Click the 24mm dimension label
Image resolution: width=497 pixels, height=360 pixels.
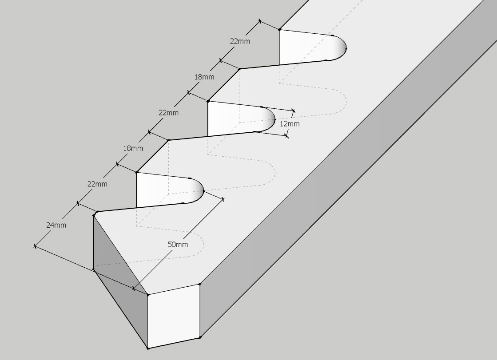tap(56, 225)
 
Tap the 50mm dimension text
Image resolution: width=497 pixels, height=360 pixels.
tap(178, 244)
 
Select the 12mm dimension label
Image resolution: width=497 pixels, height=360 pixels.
tap(290, 123)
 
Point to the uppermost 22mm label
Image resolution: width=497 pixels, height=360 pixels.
tap(240, 41)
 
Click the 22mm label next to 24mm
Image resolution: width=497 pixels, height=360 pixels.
tap(97, 184)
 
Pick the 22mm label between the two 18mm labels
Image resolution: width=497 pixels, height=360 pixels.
tap(169, 112)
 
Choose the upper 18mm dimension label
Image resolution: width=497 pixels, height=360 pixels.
tap(204, 77)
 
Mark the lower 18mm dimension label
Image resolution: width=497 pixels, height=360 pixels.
tap(133, 148)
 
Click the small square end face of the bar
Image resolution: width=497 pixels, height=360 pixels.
tap(174, 316)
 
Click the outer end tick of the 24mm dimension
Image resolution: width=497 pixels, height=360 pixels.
tap(35, 246)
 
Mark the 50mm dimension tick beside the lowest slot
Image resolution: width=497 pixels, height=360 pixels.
tap(223, 199)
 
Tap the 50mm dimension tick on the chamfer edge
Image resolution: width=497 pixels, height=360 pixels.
tap(134, 289)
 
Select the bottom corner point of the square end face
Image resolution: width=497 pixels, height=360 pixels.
tap(148, 348)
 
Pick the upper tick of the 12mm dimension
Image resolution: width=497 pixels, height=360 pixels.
tap(293, 111)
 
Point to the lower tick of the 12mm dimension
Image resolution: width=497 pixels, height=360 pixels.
tap(286, 136)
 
